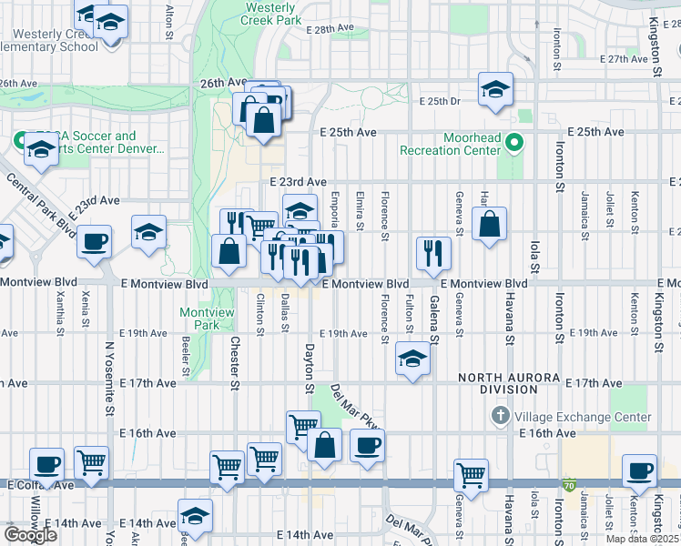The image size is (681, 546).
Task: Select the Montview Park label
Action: coord(200,318)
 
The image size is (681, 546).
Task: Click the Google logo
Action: coord(30,534)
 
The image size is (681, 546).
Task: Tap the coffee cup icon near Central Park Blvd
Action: coord(94,243)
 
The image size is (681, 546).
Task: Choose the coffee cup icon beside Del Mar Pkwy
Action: coord(367,446)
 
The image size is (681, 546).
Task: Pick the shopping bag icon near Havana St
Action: coord(490,224)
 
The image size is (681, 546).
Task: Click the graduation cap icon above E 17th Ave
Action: coord(412,360)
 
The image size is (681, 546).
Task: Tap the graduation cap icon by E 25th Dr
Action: coord(495,89)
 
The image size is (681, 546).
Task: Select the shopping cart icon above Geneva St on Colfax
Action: coord(471,474)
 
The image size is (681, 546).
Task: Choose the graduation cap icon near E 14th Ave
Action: coord(195,516)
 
